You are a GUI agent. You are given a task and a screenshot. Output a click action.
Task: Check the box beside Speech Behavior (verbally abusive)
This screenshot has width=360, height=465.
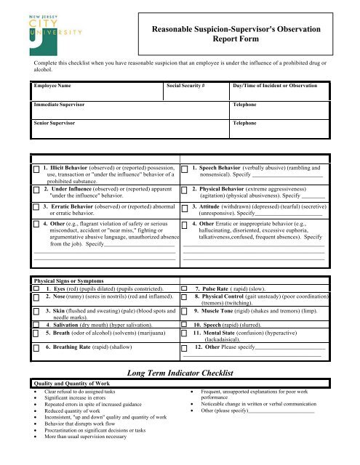click(x=185, y=169)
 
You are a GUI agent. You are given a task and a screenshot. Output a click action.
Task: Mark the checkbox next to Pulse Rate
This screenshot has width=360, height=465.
click(x=185, y=288)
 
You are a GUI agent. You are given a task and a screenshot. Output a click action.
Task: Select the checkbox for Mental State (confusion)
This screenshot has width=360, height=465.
click(x=185, y=333)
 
